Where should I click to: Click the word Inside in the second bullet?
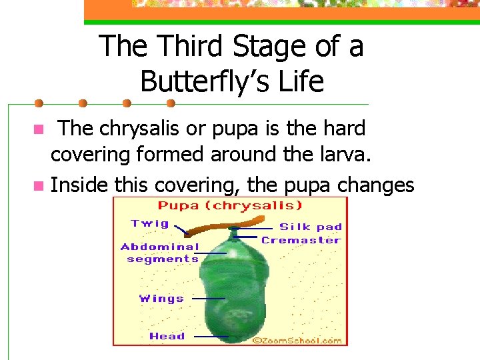(79, 184)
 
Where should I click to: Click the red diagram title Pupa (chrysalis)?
(230, 205)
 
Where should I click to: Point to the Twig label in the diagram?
(150, 223)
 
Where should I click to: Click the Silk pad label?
(310, 227)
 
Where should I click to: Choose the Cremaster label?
(301, 240)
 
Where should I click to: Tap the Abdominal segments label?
(160, 253)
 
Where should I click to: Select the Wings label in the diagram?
(161, 299)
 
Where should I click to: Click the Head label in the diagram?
(167, 336)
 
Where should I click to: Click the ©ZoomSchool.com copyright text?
(297, 340)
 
